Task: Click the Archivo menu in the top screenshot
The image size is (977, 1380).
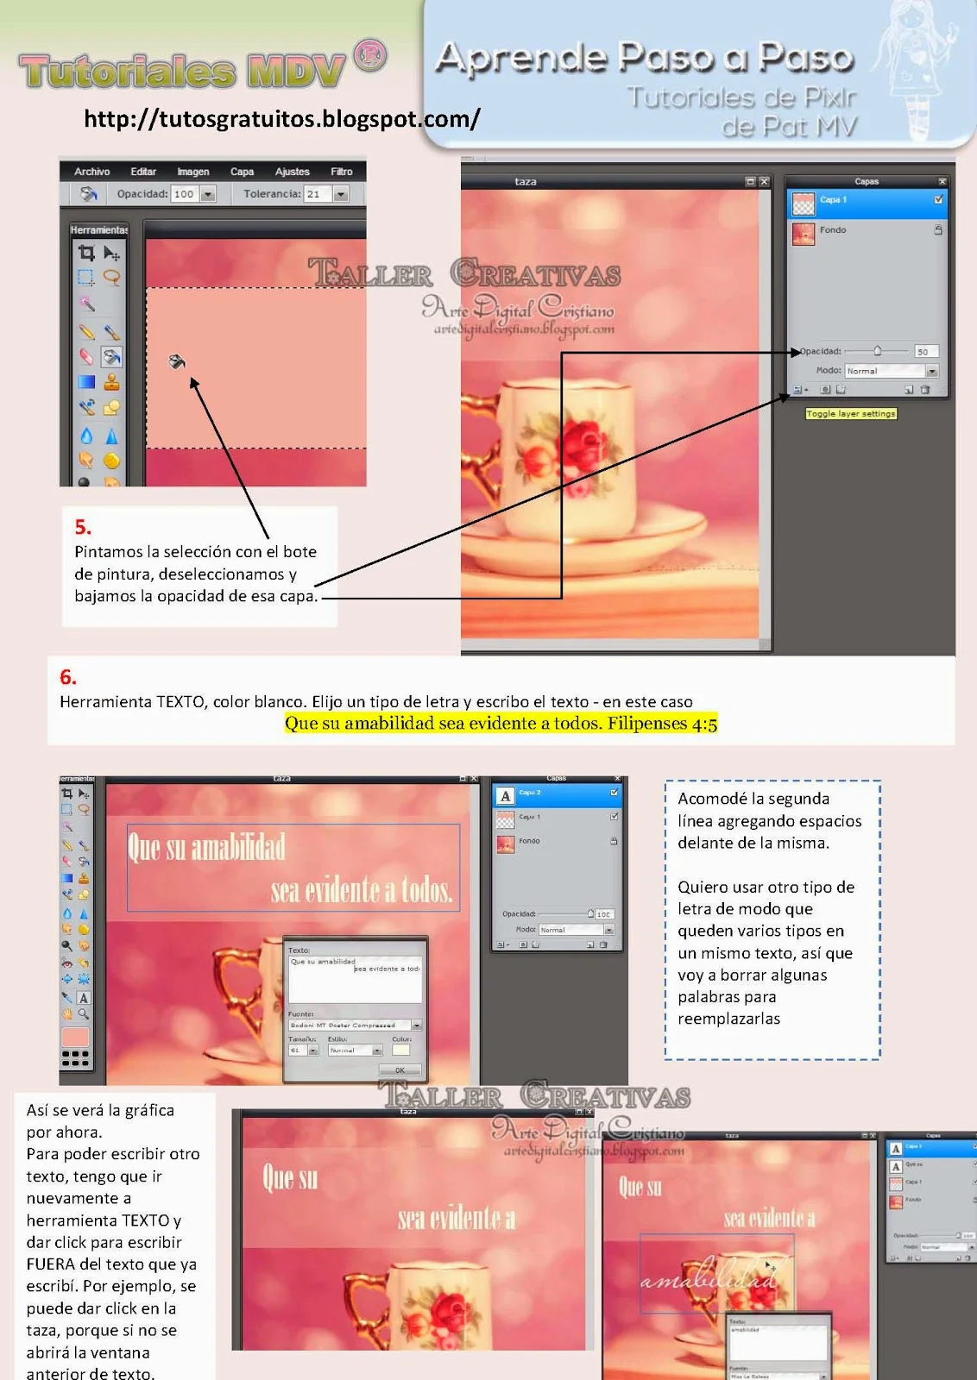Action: tap(91, 172)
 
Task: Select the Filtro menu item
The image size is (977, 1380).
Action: tap(341, 172)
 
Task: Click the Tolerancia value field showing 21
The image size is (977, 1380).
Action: tap(314, 194)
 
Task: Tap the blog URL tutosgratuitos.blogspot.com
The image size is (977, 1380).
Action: tap(281, 118)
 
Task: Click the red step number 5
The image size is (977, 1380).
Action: tap(83, 527)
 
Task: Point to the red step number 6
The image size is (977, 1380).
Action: tap(68, 677)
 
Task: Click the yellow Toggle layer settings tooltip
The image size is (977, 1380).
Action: tap(850, 414)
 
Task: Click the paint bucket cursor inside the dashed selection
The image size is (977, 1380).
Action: tap(177, 361)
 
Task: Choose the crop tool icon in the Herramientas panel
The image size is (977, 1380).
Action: tap(86, 253)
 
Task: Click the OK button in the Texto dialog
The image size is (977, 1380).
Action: tap(400, 1069)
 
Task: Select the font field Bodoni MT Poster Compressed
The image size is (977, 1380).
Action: tap(349, 1026)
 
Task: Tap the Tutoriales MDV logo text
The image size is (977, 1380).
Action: tap(181, 71)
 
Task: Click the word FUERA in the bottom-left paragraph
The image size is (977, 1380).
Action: tap(51, 1264)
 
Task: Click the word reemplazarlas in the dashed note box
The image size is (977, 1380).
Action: tap(728, 1019)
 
